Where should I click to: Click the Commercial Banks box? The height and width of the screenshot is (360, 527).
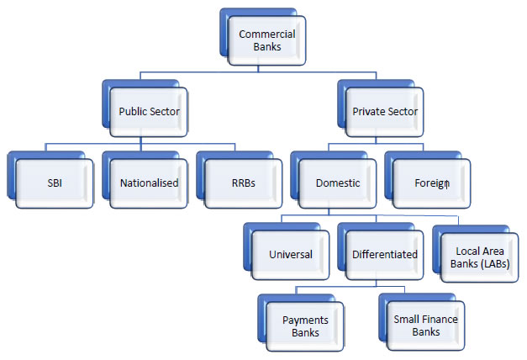coord(266,40)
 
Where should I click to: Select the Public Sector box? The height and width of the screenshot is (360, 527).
coord(150,111)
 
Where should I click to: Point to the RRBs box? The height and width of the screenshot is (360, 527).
coord(244,182)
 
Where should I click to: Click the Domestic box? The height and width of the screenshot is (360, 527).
coord(338,182)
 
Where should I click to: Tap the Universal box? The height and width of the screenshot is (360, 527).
coord(291,254)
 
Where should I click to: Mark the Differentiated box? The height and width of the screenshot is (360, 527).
coord(384,254)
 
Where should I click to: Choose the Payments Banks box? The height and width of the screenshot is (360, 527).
coord(305,326)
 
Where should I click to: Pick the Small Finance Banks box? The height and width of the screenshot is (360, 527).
coord(426,326)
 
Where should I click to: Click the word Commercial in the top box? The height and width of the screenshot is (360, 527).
coord(266,34)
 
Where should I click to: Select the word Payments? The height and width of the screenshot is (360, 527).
coord(305,320)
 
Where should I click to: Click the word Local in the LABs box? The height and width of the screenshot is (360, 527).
coord(467,251)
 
